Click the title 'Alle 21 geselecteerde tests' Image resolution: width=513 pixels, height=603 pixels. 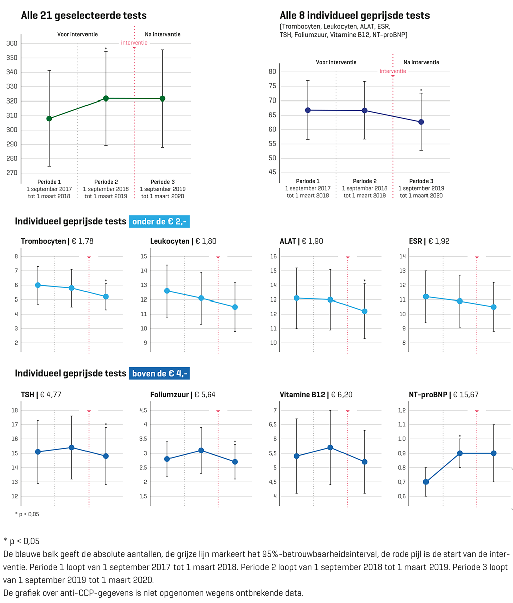83,16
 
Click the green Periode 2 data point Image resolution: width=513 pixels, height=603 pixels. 106,98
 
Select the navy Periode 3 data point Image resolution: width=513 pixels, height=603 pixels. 421,122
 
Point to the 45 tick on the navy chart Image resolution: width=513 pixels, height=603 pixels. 272,172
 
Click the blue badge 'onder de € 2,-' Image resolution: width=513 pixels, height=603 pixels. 159,221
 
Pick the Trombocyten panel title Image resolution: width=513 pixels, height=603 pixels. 57,241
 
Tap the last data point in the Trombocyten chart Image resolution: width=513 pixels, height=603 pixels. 106,296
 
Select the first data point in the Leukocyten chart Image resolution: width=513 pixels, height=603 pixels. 167,291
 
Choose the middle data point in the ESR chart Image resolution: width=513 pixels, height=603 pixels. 460,301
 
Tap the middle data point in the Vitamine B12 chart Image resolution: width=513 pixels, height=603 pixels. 330,447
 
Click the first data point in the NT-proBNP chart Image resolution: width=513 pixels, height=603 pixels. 426,482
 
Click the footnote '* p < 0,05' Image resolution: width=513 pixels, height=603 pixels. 27,514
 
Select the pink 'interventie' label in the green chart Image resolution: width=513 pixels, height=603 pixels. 134,43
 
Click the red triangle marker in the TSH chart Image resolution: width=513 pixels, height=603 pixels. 89,411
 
